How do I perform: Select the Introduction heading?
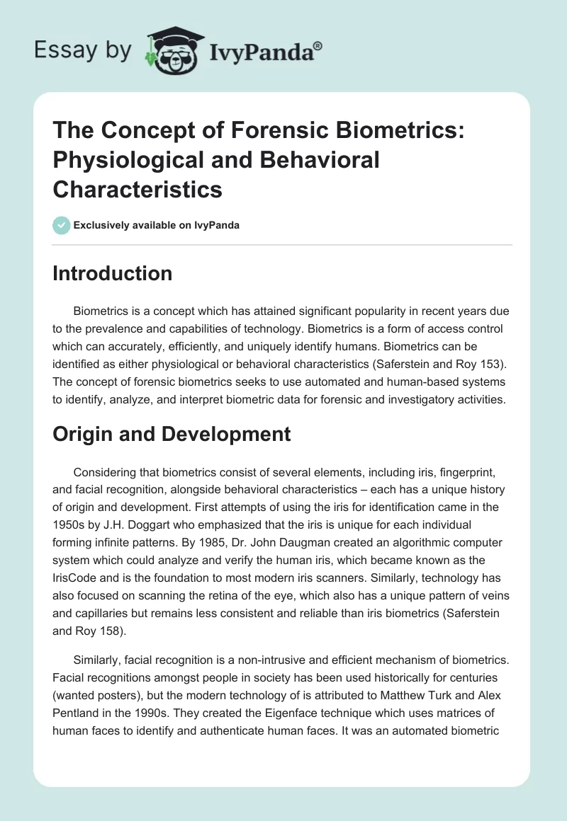tap(112, 274)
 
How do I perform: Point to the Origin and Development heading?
tap(172, 434)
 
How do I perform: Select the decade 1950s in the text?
tap(72, 525)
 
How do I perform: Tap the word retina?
tap(270, 599)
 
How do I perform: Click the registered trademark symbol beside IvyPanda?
tap(318, 45)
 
